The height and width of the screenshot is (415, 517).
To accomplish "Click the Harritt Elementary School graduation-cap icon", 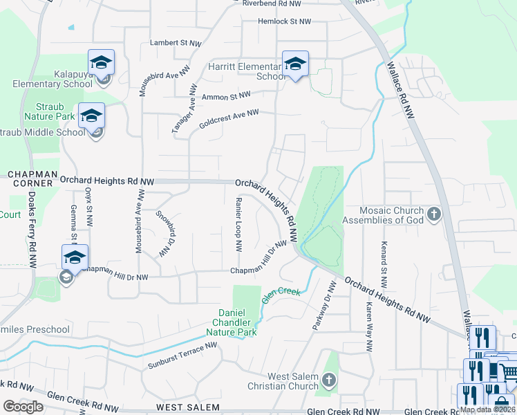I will (295, 64).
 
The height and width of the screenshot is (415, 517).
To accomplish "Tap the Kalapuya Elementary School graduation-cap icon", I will (101, 63).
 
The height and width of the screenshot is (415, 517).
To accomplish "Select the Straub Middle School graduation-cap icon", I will (91, 116).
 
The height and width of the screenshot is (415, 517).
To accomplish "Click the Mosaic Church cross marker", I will (434, 214).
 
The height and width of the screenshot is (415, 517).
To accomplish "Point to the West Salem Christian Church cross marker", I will (328, 380).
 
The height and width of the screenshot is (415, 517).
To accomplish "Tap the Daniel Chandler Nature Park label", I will (238, 322).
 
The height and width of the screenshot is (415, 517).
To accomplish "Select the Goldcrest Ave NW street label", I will (228, 118).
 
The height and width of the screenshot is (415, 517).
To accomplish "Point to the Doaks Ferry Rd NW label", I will (32, 229).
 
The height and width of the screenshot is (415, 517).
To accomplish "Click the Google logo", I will (23, 406).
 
